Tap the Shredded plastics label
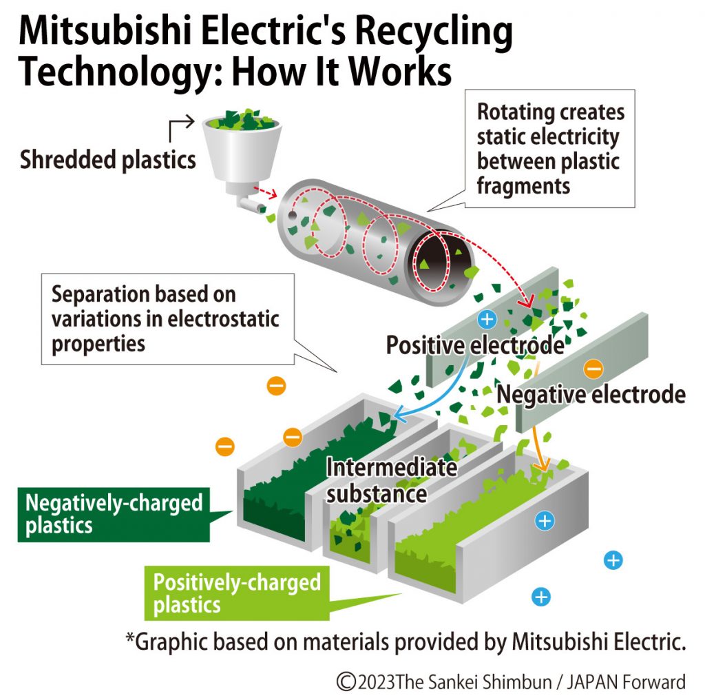pyautogui.click(x=107, y=160)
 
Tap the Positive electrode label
pyautogui.click(x=474, y=345)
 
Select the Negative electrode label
pyautogui.click(x=591, y=394)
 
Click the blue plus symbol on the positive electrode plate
pyautogui.click(x=487, y=319)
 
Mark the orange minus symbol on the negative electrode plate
pyautogui.click(x=593, y=369)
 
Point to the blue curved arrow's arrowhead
pyautogui.click(x=397, y=416)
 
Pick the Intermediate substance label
pyautogui.click(x=390, y=480)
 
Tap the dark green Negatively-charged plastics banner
pyautogui.click(x=114, y=513)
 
